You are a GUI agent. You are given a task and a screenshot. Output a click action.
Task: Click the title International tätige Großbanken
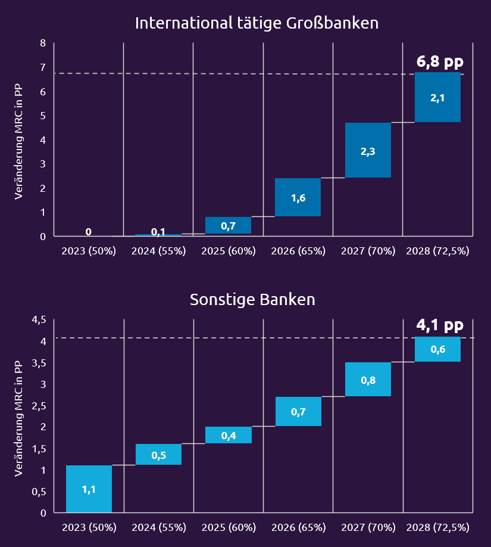257,23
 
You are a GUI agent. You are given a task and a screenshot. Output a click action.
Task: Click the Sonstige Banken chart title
252,299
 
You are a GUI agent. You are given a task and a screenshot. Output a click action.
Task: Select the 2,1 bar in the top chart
437,97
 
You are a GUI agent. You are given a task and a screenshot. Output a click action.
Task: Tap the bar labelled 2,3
368,150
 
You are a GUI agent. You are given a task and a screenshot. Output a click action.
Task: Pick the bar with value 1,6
298,197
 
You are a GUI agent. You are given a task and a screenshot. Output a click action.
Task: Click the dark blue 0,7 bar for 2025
228,225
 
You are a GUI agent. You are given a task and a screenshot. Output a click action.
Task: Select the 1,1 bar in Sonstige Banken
89,489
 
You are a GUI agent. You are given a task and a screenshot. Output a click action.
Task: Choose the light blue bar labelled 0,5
158,455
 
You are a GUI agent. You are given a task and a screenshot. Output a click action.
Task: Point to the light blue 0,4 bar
228,435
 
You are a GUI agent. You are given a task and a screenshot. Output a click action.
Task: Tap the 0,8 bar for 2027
368,380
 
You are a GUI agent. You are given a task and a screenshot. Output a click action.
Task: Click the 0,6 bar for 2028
437,349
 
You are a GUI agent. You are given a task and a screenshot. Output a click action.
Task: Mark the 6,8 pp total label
439,61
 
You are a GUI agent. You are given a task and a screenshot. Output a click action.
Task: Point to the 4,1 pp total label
439,325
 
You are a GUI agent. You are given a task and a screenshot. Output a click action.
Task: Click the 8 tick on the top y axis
43,43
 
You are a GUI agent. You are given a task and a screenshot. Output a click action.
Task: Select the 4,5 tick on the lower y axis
39,320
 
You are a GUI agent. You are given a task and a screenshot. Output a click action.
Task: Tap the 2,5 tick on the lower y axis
39,406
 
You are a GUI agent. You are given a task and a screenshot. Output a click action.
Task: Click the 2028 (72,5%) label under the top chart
437,251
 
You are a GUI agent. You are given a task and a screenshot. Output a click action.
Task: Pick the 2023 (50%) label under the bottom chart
89,527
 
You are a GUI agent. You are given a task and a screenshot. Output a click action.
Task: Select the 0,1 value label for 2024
158,232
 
